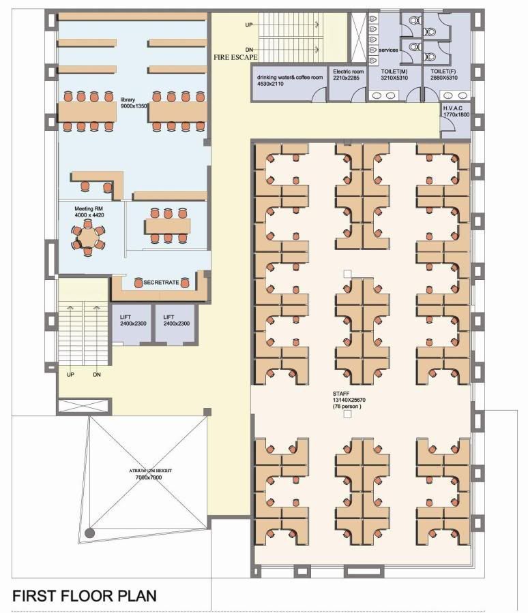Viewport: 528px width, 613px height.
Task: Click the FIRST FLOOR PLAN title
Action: (85, 596)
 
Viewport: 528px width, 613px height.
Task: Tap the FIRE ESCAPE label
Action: (235, 57)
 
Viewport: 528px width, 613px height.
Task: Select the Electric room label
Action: (348, 72)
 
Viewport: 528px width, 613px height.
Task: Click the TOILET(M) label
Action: (394, 72)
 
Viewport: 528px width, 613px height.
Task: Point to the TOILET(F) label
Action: (443, 72)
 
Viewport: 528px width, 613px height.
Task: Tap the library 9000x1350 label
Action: (134, 103)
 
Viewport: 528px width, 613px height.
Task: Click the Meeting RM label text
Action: (89, 209)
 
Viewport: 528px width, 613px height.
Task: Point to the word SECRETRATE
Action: (161, 282)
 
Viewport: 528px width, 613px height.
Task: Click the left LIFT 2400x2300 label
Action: (133, 320)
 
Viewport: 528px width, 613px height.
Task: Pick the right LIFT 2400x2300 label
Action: (176, 320)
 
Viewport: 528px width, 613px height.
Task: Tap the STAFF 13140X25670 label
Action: (349, 397)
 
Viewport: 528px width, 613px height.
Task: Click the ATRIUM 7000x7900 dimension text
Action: (149, 477)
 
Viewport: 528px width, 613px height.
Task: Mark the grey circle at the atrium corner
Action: (90, 533)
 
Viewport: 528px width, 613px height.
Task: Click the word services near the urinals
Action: (388, 50)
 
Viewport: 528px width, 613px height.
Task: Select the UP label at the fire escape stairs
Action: (249, 25)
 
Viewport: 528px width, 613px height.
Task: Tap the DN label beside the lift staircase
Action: (97, 375)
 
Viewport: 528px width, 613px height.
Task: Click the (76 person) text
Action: (347, 407)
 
